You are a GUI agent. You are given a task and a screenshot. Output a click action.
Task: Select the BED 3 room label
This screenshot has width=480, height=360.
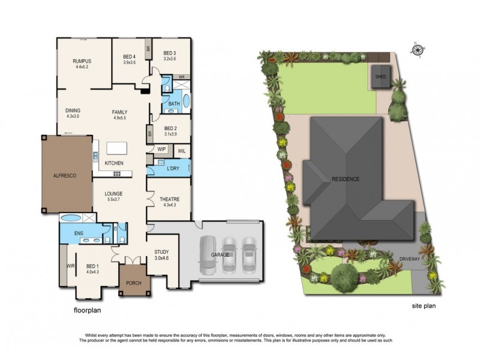(x=170, y=53)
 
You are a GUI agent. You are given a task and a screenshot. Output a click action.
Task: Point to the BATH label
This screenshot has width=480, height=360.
(x=174, y=104)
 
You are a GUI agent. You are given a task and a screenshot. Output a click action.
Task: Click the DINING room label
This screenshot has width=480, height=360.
(x=73, y=110)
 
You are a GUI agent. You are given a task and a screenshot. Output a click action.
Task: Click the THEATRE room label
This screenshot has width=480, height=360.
(x=170, y=199)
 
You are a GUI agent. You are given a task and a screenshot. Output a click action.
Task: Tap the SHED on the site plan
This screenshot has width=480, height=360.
(x=380, y=77)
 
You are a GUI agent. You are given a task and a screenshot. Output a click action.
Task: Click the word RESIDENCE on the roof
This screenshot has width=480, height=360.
(x=345, y=179)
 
